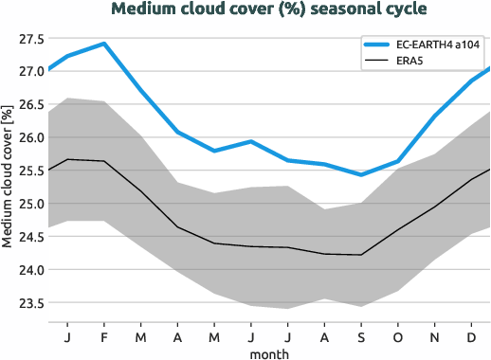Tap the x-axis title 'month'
(x=269, y=352)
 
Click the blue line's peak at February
(x=103, y=44)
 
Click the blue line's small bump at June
(x=250, y=141)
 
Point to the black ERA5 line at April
(x=177, y=227)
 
